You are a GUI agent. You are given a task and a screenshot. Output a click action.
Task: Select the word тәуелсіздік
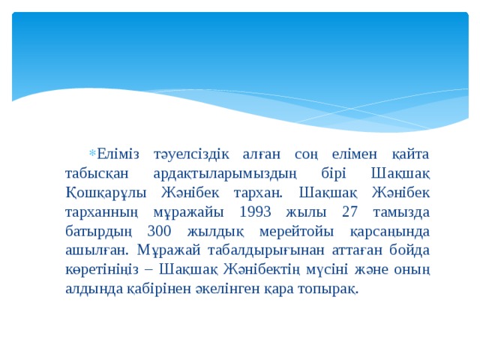coord(188,153)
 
